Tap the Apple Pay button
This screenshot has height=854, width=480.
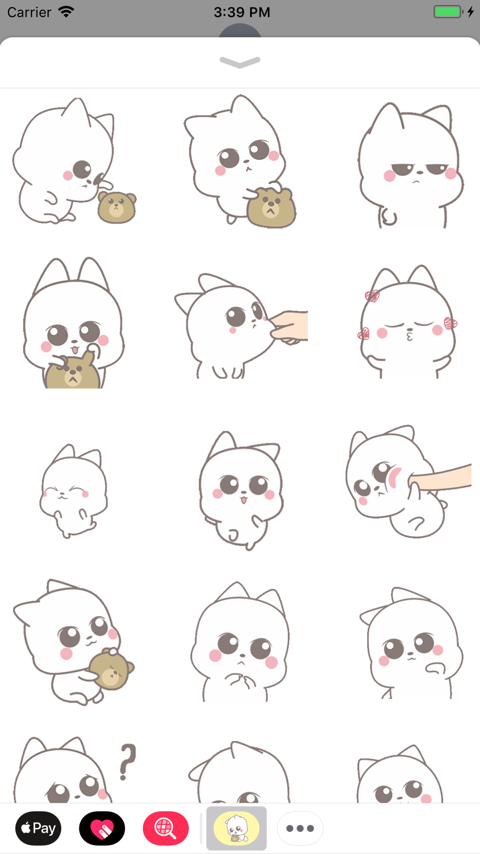point(38,828)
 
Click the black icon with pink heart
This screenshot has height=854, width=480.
point(102,828)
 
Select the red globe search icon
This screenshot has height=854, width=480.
point(166,828)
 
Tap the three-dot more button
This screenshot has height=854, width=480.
point(300,828)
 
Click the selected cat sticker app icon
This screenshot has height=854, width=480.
point(236,828)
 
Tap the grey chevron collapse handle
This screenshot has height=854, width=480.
point(240,62)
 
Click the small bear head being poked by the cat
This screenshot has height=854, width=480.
point(117,207)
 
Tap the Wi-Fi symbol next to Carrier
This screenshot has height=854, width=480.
point(66,12)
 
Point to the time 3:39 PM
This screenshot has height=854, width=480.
point(242,12)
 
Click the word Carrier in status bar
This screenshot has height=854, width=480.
point(29,12)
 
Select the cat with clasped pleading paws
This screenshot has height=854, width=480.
point(240,642)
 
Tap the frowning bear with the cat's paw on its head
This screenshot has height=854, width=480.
point(271,207)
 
